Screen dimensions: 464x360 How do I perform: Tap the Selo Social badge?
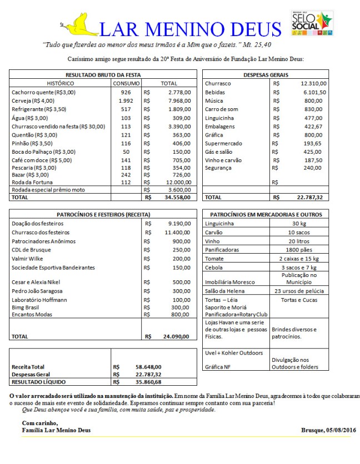coord(312,23)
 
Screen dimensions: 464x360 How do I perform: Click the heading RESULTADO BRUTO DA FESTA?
coord(103,74)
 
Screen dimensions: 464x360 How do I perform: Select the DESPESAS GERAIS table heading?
coord(266,74)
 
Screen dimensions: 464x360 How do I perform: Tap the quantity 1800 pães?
coord(299,250)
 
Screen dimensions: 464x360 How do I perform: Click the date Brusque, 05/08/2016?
coord(328,430)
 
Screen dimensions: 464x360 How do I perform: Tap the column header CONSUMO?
coord(126,83)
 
